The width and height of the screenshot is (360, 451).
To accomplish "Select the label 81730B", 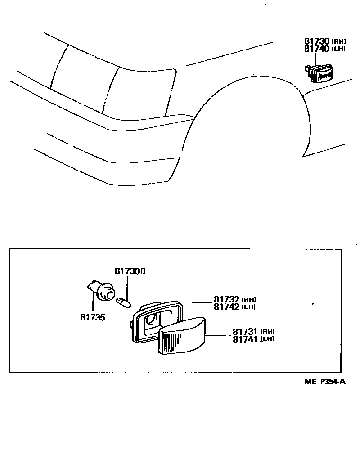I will (130, 271).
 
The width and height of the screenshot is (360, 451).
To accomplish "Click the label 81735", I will (93, 317).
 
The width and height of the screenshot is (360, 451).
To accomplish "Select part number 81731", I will (245, 332).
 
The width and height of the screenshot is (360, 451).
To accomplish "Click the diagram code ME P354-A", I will (324, 382).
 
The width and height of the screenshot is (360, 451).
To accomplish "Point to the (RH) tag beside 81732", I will (249, 300).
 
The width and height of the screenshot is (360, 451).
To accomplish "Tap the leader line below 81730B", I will (127, 287).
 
